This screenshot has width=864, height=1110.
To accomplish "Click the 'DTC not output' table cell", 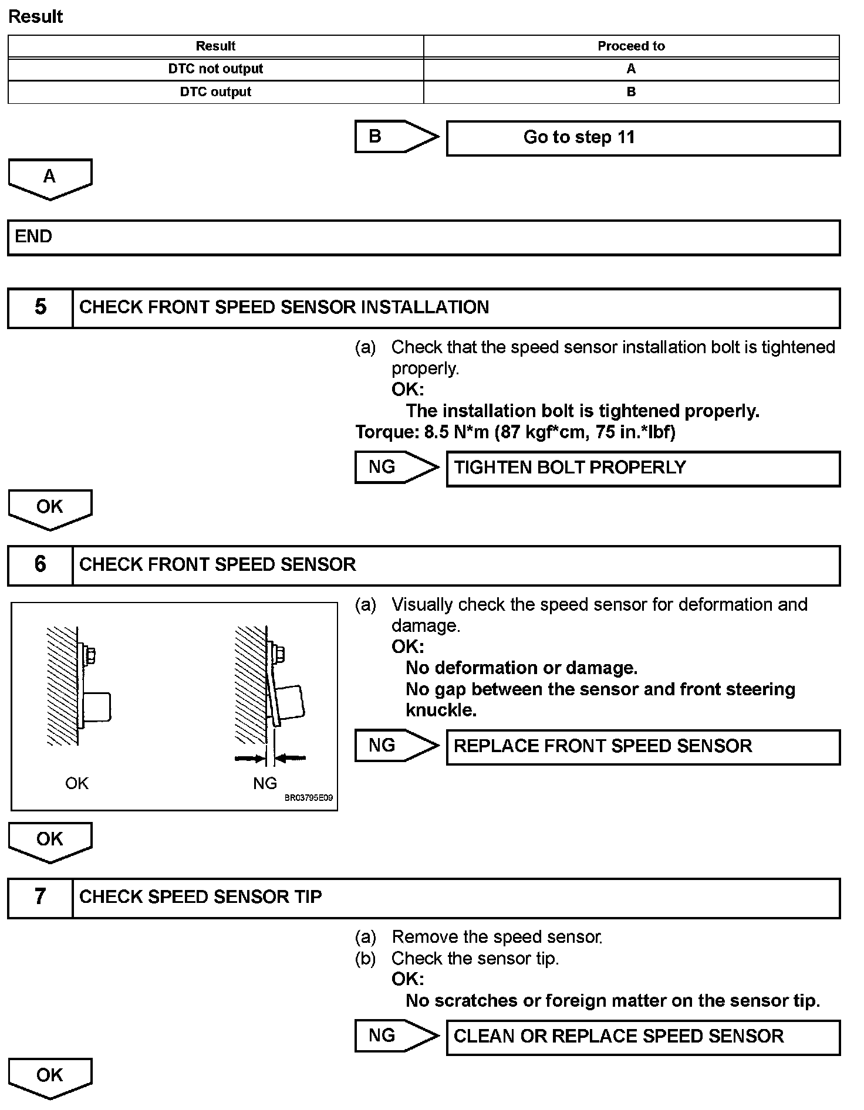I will point(215,69).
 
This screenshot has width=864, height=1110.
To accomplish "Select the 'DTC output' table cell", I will point(215,92).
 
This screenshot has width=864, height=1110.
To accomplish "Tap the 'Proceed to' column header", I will point(631,46).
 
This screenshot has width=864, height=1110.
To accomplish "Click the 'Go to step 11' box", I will point(643,138).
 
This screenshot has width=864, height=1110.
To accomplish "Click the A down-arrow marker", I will point(50,178).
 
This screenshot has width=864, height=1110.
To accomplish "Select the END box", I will point(423,237).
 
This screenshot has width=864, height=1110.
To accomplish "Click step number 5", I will point(40,307).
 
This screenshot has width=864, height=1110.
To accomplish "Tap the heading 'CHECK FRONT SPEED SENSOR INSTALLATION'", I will point(284,307).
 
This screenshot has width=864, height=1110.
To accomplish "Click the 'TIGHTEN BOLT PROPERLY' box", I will point(643,468).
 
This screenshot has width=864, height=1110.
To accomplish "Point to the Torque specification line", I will point(515,432).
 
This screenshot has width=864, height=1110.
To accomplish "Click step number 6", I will point(40,564).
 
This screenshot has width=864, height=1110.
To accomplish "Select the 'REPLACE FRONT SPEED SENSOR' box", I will point(643,746).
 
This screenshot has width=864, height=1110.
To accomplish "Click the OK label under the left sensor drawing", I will point(77,783).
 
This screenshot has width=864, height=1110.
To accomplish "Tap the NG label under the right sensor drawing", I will point(265,783).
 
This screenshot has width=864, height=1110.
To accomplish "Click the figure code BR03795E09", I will point(308,798).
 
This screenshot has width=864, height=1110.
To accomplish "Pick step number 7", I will point(40,896).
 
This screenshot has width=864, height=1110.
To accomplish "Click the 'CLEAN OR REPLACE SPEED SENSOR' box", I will point(643,1037).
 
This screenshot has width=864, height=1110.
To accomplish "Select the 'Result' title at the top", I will point(36,16).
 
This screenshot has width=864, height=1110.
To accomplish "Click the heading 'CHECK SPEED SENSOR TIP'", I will point(201,897).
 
